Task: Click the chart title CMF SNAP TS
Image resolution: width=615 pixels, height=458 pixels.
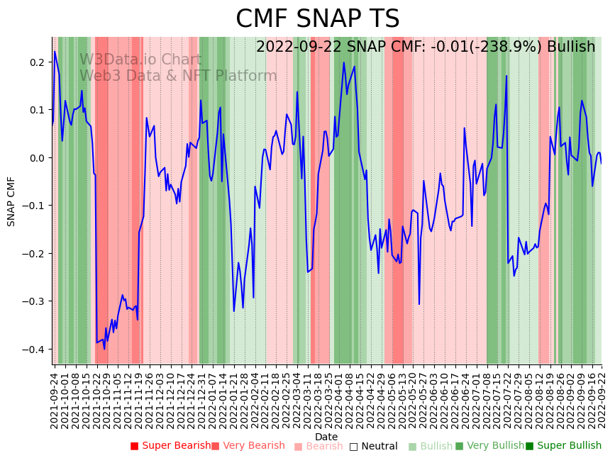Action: point(317,19)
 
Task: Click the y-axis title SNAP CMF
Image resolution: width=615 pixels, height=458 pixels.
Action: point(11,201)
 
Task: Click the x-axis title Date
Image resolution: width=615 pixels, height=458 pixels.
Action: point(326,437)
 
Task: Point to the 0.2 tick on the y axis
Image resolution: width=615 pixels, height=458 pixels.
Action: point(37,62)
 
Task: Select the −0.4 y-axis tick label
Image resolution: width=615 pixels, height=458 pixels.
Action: point(35,350)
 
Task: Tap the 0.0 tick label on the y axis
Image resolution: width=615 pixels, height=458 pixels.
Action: point(37,158)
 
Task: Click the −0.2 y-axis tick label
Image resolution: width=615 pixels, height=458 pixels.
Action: point(35,254)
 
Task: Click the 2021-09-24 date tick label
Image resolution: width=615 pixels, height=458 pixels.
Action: point(54,398)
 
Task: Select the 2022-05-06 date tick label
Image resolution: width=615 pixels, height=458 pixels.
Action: point(388,398)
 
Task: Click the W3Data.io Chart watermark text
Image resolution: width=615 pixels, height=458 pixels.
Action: point(140,60)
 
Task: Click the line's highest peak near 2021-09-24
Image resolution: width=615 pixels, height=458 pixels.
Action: point(55,51)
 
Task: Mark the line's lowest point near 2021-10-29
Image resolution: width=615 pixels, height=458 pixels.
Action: point(104,349)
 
